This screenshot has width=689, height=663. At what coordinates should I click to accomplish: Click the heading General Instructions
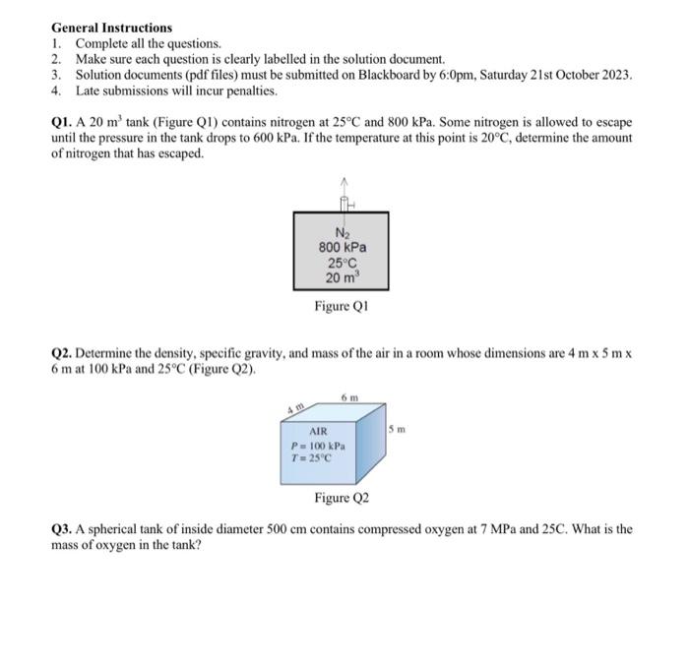pyautogui.click(x=111, y=28)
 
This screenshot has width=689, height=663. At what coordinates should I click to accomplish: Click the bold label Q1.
pyautogui.click(x=62, y=122)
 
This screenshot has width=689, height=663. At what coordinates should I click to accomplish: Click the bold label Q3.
pyautogui.click(x=62, y=528)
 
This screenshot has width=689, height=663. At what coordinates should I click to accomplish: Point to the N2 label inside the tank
pyautogui.click(x=342, y=232)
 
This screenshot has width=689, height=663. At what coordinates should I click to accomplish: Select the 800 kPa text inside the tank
pyautogui.click(x=342, y=248)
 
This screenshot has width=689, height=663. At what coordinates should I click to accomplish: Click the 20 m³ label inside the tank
pyautogui.click(x=342, y=278)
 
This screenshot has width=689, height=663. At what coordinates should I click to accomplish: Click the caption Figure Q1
pyautogui.click(x=342, y=307)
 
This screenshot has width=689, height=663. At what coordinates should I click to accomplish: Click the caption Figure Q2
pyautogui.click(x=342, y=499)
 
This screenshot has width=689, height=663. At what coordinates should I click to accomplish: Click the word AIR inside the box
pyautogui.click(x=318, y=431)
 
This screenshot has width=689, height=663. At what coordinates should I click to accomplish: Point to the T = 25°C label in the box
pyautogui.click(x=315, y=458)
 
